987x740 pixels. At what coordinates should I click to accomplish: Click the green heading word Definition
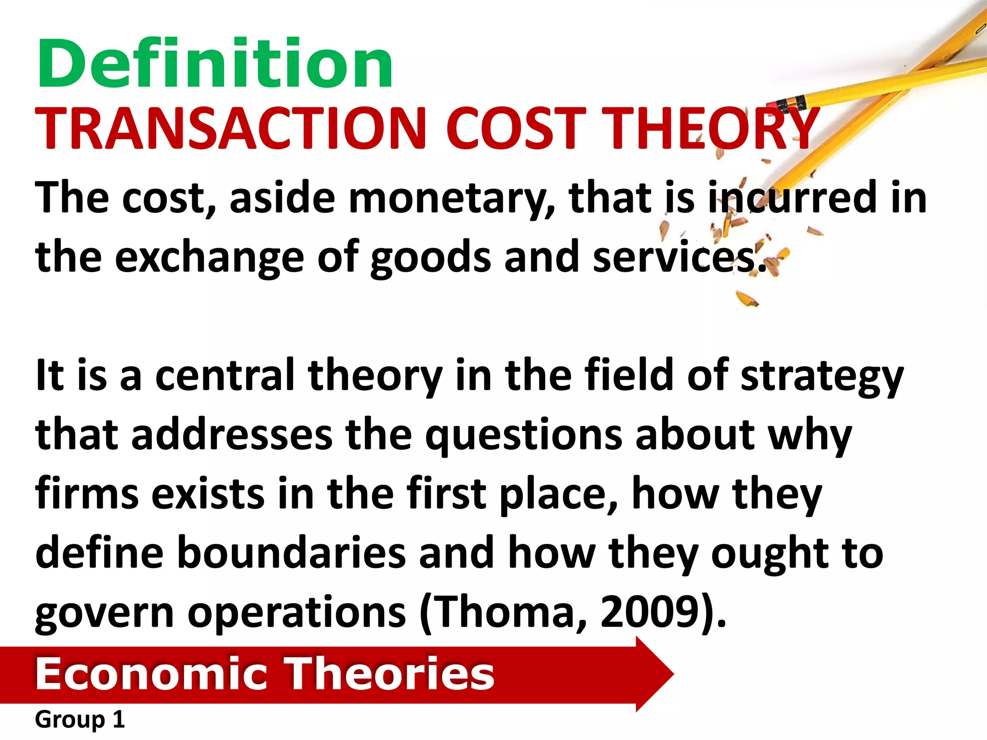coord(215,64)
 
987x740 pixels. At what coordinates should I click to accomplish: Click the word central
coord(225,375)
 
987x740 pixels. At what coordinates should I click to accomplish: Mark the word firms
coord(87,493)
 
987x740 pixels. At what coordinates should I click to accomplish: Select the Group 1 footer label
coord(80,720)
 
